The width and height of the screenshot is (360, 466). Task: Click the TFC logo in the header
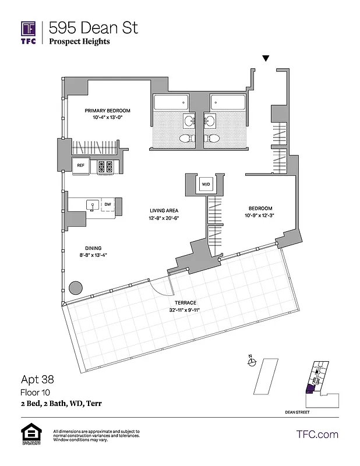pyautogui.click(x=29, y=32)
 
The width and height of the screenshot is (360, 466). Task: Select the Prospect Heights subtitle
pyautogui.click(x=79, y=41)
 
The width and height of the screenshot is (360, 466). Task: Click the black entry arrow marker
pyautogui.click(x=266, y=58)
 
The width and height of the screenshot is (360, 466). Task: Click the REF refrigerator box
pyautogui.click(x=81, y=165)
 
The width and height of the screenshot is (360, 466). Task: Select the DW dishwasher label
pyautogui.click(x=108, y=204)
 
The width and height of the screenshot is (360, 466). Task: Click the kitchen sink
pyautogui.click(x=91, y=204)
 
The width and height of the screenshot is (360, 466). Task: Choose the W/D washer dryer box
pyautogui.click(x=206, y=185)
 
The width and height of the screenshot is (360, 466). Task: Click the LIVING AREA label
pyautogui.click(x=164, y=211)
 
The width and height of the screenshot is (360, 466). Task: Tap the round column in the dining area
pyautogui.click(x=75, y=288)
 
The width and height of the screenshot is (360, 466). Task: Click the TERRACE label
pyautogui.click(x=185, y=303)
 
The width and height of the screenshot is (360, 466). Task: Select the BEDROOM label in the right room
pyautogui.click(x=260, y=209)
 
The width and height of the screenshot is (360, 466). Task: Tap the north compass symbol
pyautogui.click(x=252, y=362)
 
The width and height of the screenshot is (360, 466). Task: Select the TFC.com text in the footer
pyautogui.click(x=317, y=434)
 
